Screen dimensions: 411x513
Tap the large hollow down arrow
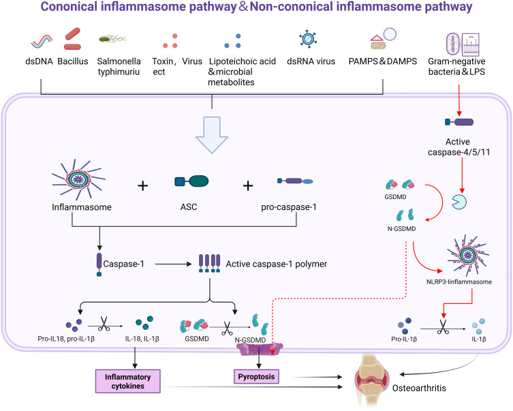tap(213, 140)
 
